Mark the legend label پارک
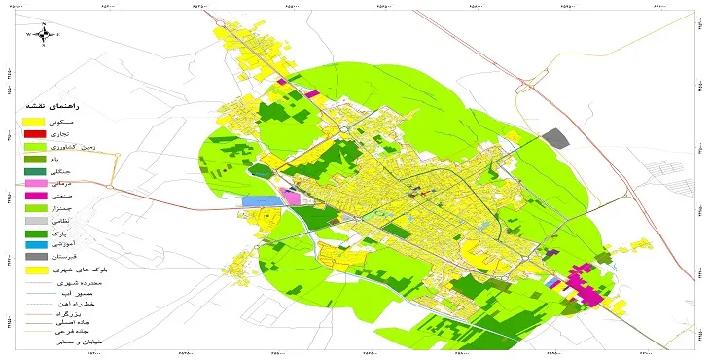[x=72, y=234]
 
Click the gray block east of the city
[x=554, y=138]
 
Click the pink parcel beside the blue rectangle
[x=291, y=198]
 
